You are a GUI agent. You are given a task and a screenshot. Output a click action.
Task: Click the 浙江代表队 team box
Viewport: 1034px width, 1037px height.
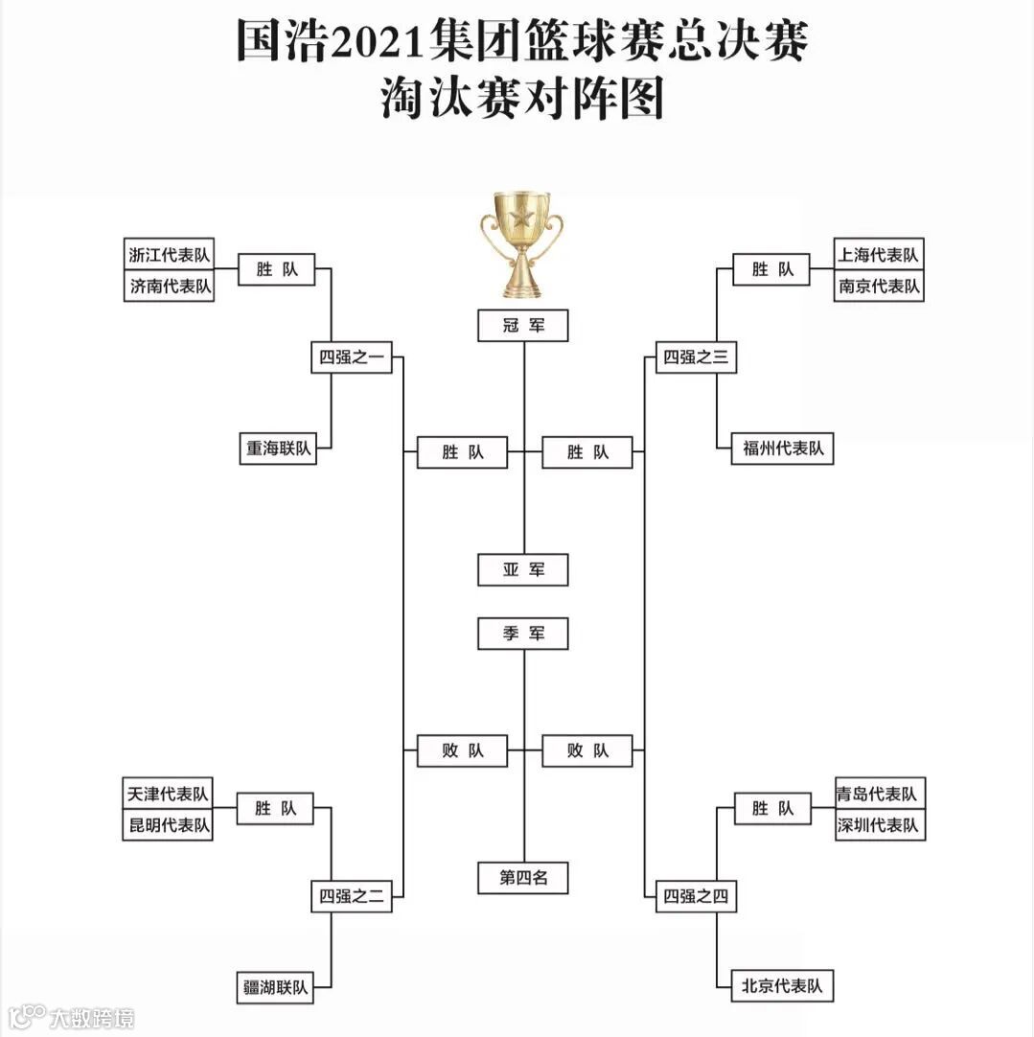pyautogui.click(x=169, y=255)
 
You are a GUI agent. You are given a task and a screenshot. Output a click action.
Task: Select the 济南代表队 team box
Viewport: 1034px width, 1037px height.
pyautogui.click(x=169, y=286)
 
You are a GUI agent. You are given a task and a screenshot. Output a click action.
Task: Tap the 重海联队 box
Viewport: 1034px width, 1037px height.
pyautogui.click(x=277, y=449)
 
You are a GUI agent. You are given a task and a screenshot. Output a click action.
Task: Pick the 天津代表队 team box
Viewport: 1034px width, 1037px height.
pyautogui.click(x=168, y=794)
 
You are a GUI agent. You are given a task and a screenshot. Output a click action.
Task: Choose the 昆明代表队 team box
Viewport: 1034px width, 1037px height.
pyautogui.click(x=168, y=824)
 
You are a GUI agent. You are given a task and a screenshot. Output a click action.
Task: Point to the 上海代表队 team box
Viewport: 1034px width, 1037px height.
pyautogui.click(x=878, y=255)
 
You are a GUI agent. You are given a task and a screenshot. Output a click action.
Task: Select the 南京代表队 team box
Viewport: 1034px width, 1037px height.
pyautogui.click(x=878, y=286)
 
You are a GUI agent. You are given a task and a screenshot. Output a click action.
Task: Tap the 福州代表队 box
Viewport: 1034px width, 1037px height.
pyautogui.click(x=783, y=449)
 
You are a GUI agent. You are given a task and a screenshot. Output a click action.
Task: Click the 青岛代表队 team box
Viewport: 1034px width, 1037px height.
pyautogui.click(x=878, y=794)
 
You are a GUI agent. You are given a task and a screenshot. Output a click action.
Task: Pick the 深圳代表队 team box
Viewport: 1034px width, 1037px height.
pyautogui.click(x=878, y=824)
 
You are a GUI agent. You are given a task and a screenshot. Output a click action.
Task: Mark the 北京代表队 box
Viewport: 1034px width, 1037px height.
pyautogui.click(x=783, y=985)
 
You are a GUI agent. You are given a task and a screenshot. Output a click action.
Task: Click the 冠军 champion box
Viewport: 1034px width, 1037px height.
pyautogui.click(x=523, y=326)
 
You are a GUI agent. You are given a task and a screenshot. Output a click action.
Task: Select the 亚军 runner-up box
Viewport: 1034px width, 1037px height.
pyautogui.click(x=523, y=569)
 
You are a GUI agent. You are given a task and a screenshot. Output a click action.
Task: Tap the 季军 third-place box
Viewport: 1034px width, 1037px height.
pyautogui.click(x=523, y=634)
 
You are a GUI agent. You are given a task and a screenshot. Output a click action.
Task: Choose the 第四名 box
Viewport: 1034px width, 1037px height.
pyautogui.click(x=523, y=877)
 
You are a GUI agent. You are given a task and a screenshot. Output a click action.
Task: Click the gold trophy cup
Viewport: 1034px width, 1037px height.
pyautogui.click(x=522, y=243)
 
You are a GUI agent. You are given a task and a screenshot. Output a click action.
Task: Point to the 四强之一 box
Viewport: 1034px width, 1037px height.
pyautogui.click(x=351, y=357)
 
